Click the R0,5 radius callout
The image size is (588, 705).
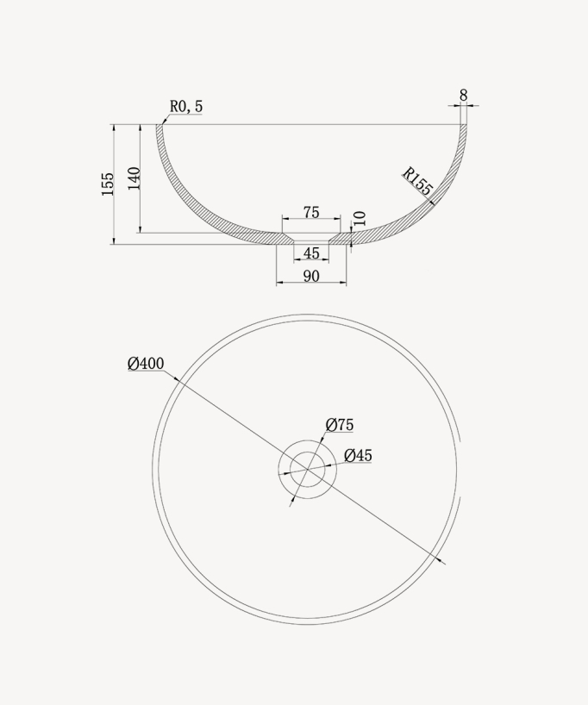point(186,107)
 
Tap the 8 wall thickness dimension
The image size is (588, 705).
point(463,96)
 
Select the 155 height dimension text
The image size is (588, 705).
point(108,184)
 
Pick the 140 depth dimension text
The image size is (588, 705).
point(134,178)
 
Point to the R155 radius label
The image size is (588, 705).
point(417,181)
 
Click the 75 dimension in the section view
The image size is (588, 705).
point(311,212)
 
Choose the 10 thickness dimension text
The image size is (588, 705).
point(360,219)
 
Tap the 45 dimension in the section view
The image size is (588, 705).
point(311,253)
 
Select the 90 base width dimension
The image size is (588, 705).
point(311,276)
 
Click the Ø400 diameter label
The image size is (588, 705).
point(146,364)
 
